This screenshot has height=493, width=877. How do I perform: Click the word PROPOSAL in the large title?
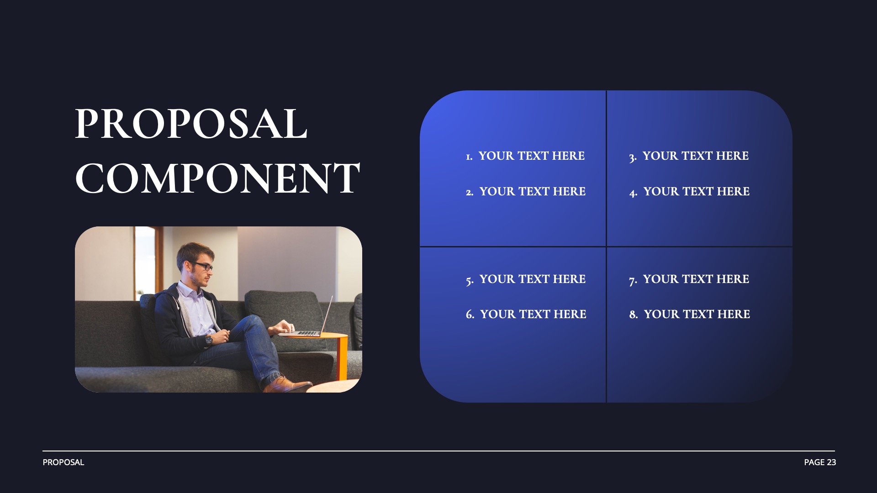point(191,124)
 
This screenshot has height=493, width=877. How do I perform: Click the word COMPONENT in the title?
point(217,178)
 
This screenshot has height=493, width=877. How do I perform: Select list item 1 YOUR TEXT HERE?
point(525,156)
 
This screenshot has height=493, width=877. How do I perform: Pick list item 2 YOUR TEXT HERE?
point(526,192)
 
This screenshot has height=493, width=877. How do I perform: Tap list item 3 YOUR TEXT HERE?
point(689,156)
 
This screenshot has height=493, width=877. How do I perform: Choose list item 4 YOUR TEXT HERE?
point(689,192)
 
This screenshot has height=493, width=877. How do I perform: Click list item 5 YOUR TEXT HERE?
point(526,279)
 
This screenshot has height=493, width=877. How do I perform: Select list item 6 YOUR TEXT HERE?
point(526,315)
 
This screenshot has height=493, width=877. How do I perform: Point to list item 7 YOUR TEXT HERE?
point(689,279)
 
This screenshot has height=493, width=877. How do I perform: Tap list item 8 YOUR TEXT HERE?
point(689,315)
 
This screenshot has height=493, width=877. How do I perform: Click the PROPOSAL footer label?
point(63,462)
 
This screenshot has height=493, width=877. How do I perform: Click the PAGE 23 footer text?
point(820,462)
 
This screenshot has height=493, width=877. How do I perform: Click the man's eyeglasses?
point(203,266)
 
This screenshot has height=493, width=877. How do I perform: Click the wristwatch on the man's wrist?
point(209,339)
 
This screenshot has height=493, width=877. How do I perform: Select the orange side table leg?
point(342,358)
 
